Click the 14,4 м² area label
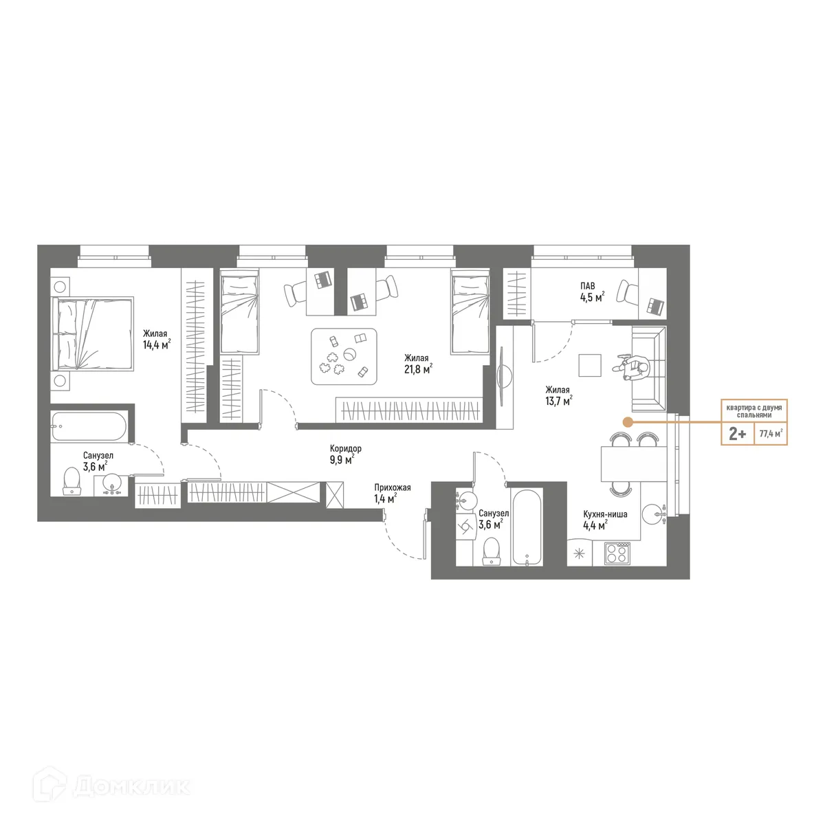pyautogui.click(x=156, y=345)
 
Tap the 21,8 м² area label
pyautogui.click(x=417, y=369)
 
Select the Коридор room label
pyautogui.click(x=345, y=449)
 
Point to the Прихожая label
pyautogui.click(x=393, y=488)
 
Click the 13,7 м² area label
pyautogui.click(x=558, y=401)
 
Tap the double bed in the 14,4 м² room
pyautogui.click(x=92, y=333)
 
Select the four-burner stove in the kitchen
pyautogui.click(x=617, y=553)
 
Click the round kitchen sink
pyautogui.click(x=653, y=514)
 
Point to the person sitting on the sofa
pyautogui.click(x=635, y=367)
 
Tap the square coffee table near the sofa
pyautogui.click(x=590, y=365)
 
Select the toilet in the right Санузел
pyautogui.click(x=491, y=550)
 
